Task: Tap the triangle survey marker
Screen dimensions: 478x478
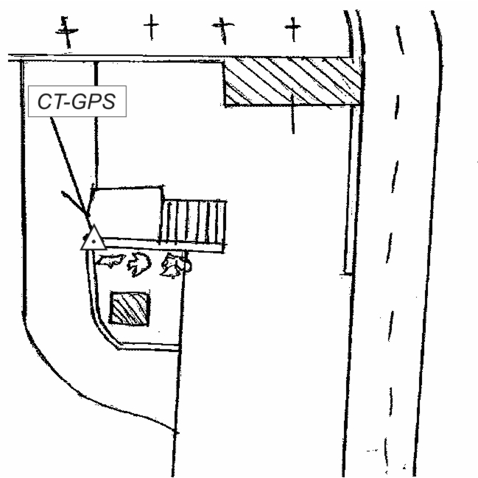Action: point(94,239)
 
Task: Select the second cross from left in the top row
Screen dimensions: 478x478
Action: point(151,29)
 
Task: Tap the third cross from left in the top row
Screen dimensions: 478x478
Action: point(221,29)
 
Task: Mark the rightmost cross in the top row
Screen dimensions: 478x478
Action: point(293,29)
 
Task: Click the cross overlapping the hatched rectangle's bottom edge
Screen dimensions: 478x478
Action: point(292,110)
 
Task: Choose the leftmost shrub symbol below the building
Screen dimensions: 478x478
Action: point(111,260)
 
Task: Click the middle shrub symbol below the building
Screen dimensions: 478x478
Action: point(138,263)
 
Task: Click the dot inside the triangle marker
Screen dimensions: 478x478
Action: point(94,242)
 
